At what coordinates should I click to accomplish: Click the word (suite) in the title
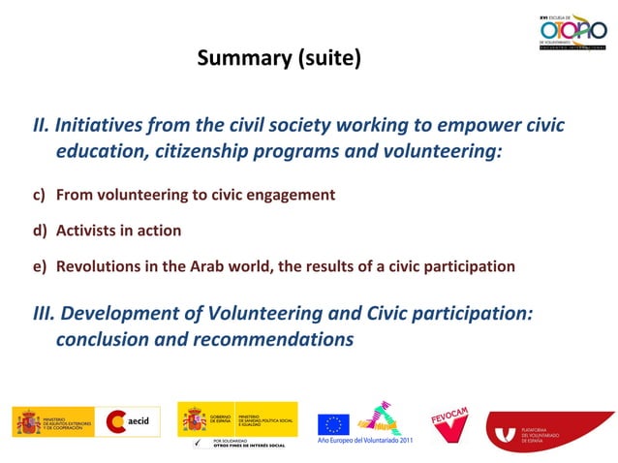pyautogui.click(x=328, y=58)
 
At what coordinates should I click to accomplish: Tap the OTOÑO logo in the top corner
pyautogui.click(x=572, y=32)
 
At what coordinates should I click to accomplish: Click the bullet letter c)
pyautogui.click(x=40, y=195)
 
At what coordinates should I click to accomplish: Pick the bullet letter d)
pyautogui.click(x=40, y=231)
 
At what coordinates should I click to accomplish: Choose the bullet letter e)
pyautogui.click(x=40, y=266)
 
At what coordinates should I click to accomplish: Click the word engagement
pyautogui.click(x=290, y=195)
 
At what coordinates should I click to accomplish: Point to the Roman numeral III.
pyautogui.click(x=45, y=314)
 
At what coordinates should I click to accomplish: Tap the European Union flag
pyautogui.click(x=333, y=423)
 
